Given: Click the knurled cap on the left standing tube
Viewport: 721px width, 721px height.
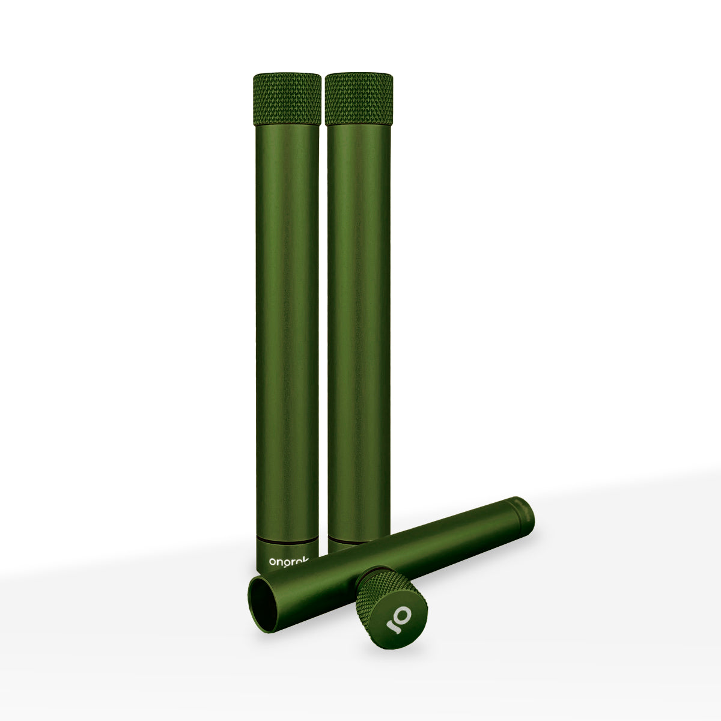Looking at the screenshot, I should click(x=286, y=99).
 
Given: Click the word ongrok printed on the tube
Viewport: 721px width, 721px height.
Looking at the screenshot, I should click(x=289, y=561).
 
